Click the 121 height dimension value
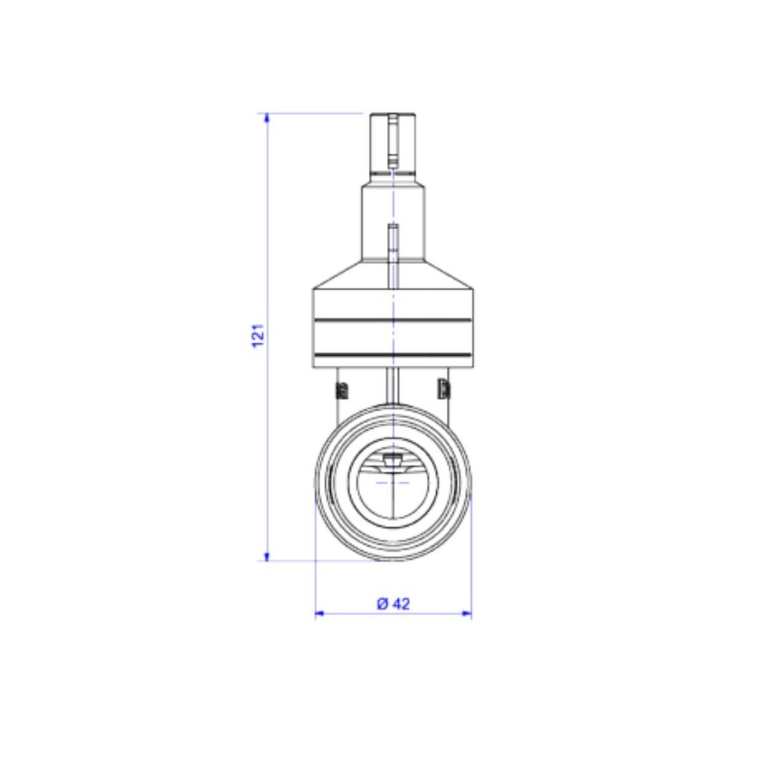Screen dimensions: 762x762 (x=258, y=336)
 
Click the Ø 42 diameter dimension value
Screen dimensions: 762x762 (x=394, y=603)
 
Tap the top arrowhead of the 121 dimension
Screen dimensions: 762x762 (x=266, y=118)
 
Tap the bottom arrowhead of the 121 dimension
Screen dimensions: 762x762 (x=266, y=555)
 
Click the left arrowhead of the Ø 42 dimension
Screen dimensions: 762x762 (x=320, y=614)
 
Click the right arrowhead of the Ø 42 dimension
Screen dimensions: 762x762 (x=467, y=614)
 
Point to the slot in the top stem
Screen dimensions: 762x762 (x=393, y=140)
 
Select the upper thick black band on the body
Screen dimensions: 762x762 (x=393, y=320)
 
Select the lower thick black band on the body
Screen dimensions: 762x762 (x=393, y=355)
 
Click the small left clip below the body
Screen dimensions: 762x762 (x=342, y=389)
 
